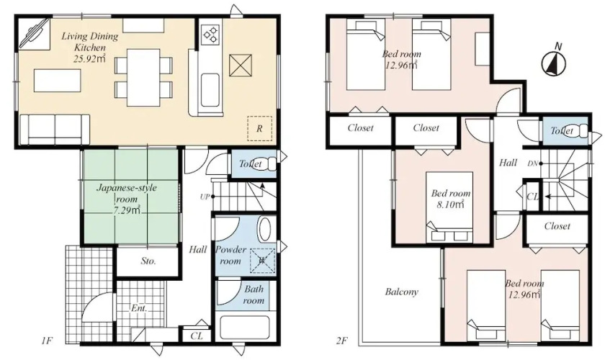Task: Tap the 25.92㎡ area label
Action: coord(89,58)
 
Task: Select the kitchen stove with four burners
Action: coord(210,33)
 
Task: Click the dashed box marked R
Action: coord(259,128)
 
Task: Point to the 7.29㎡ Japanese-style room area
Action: coord(127,210)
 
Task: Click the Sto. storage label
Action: coord(148,261)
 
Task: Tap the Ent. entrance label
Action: coord(139,308)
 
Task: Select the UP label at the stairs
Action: coord(205,197)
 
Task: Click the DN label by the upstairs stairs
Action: coord(532,163)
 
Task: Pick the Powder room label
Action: coord(230,255)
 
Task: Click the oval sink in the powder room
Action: coord(265,230)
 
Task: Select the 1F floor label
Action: coord(47,341)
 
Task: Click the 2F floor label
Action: coord(341,341)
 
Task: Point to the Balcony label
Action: coord(402,292)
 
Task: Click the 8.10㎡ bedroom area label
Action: coord(450,204)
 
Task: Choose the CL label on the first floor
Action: coord(197,336)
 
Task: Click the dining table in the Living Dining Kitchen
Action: coord(143,78)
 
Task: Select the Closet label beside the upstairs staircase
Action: coord(557,226)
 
